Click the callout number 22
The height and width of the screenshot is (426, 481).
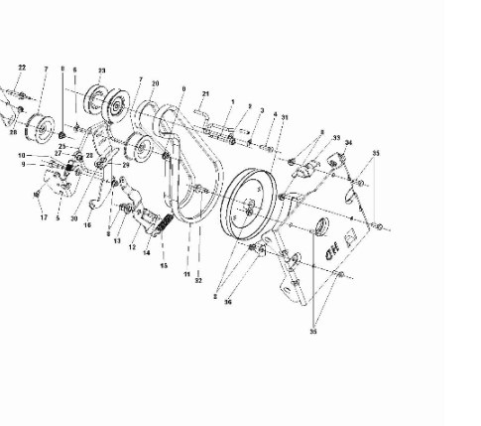(x=22, y=67)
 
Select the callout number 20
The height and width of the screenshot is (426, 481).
(x=155, y=84)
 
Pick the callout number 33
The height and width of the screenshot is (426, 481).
(x=336, y=138)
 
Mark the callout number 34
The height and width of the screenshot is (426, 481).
(x=348, y=145)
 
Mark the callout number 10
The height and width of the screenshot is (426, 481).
(x=21, y=155)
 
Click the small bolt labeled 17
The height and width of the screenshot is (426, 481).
(x=35, y=192)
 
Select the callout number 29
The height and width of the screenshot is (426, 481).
(x=126, y=165)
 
